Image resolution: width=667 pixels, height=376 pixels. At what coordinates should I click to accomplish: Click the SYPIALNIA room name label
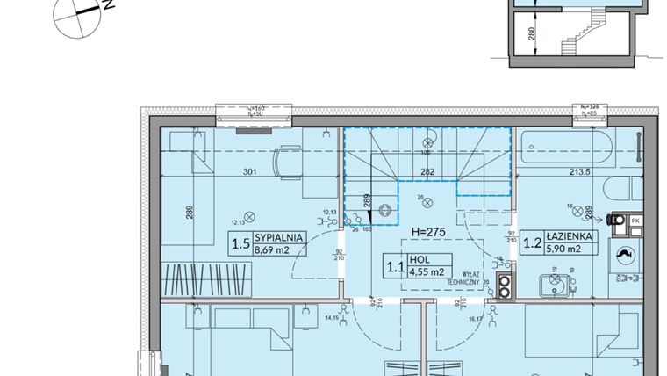pos(279,237)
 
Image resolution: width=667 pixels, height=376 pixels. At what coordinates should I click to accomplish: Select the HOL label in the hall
pos(417,259)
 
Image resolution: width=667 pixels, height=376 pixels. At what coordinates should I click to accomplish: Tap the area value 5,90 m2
pos(572,249)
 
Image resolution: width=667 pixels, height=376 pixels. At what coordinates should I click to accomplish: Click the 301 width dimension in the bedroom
pos(249,172)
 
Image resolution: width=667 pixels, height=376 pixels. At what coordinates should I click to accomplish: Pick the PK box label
pos(636,220)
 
